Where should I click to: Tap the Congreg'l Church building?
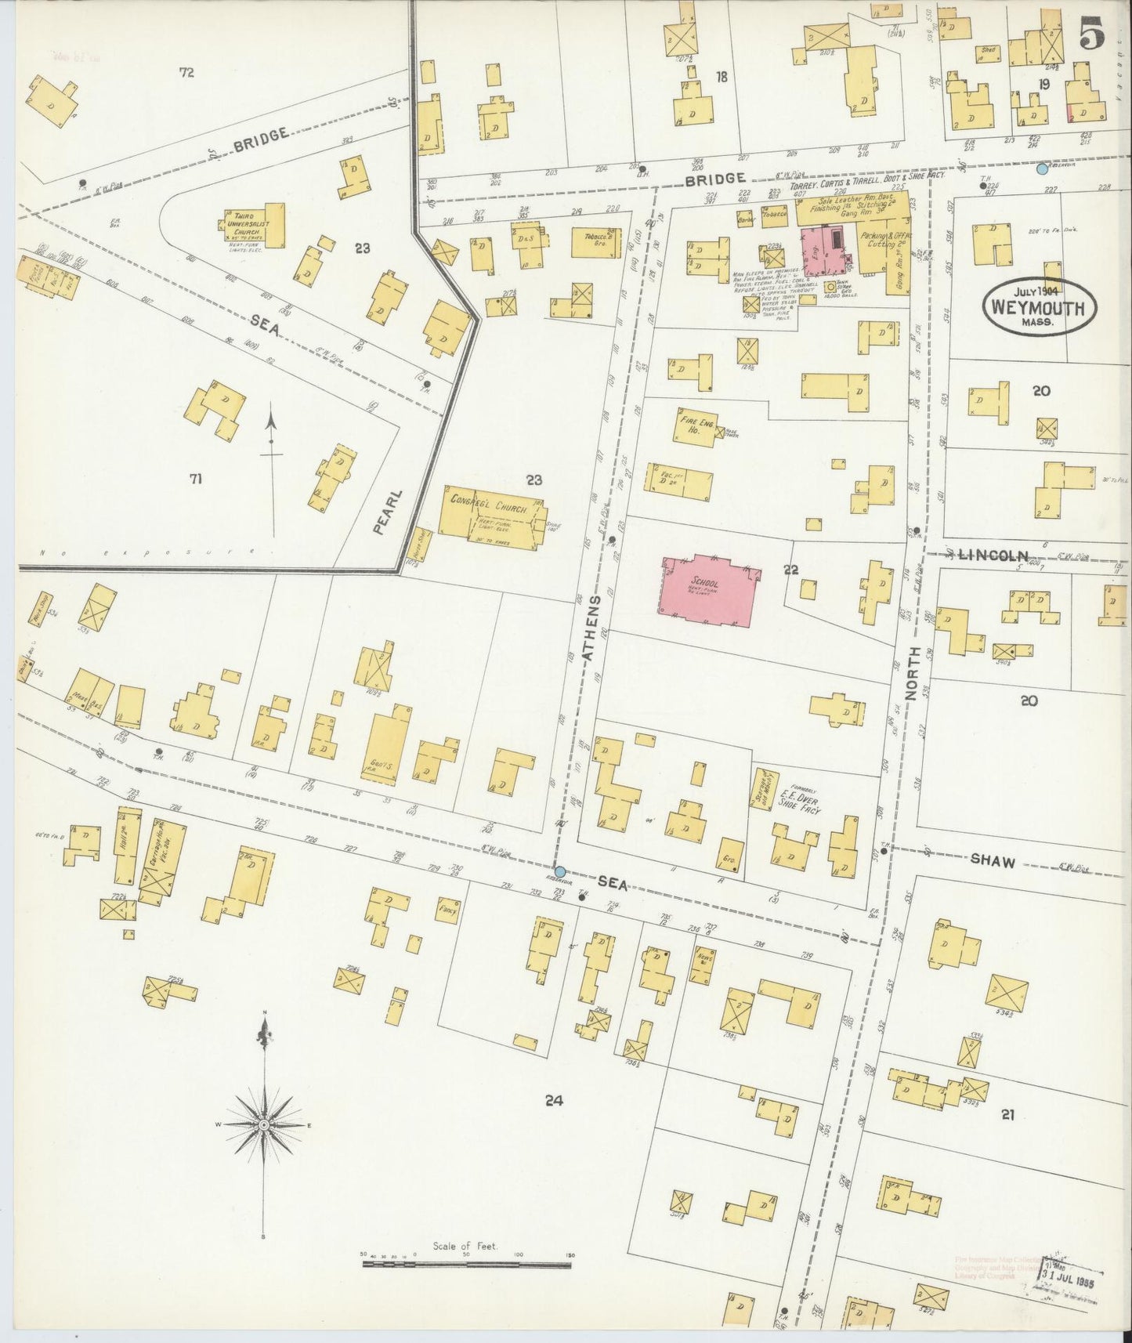[486, 513]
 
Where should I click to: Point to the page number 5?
[1091, 35]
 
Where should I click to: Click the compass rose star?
[264, 1124]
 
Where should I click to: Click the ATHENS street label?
[593, 631]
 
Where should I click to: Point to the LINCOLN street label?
[993, 556]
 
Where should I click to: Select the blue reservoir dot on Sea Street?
[559, 871]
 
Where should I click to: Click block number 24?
[555, 1101]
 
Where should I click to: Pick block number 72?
[186, 73]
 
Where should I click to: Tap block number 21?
[1007, 1114]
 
